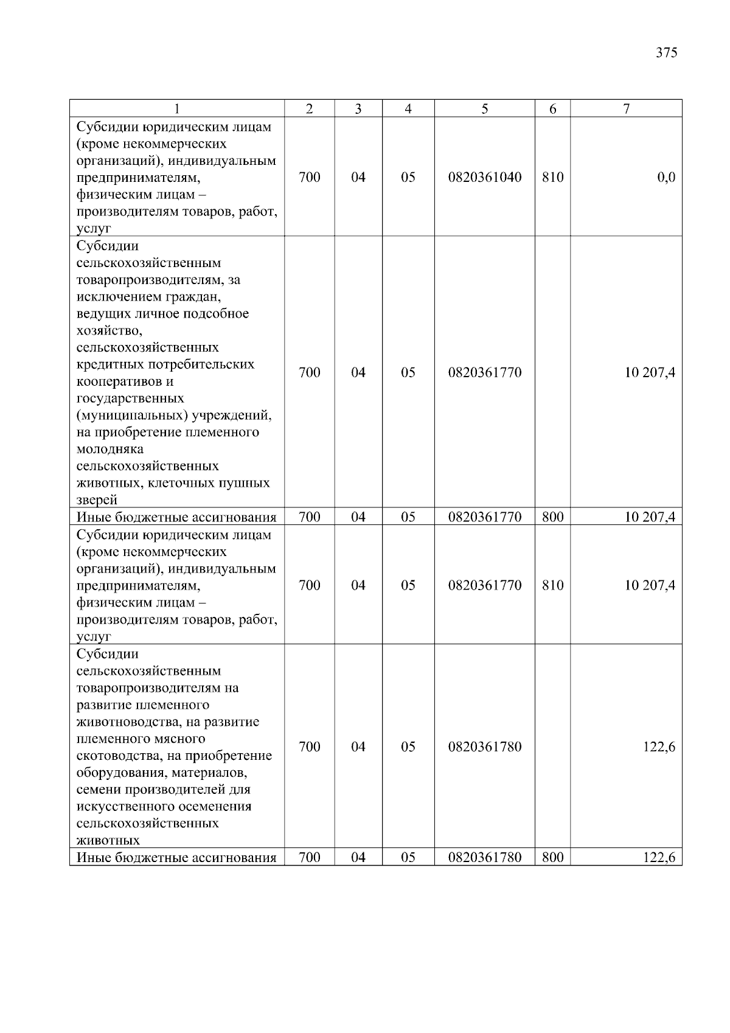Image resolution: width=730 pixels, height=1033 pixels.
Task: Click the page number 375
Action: pyautogui.click(x=666, y=52)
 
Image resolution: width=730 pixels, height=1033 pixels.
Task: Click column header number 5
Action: pyautogui.click(x=484, y=109)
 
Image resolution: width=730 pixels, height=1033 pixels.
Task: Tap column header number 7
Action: pyautogui.click(x=626, y=109)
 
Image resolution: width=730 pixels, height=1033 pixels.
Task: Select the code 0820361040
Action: pyautogui.click(x=484, y=178)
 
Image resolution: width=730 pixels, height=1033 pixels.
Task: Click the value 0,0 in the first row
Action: pyautogui.click(x=666, y=178)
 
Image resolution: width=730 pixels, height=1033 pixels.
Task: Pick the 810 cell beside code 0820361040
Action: pyautogui.click(x=552, y=178)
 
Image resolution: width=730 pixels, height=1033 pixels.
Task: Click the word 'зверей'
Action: pyautogui.click(x=97, y=501)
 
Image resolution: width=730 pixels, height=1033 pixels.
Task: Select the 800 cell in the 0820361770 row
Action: pyautogui.click(x=552, y=518)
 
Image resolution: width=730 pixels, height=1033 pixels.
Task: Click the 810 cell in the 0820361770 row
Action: pyautogui.click(x=552, y=585)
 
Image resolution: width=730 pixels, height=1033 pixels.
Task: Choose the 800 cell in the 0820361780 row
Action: pyautogui.click(x=552, y=858)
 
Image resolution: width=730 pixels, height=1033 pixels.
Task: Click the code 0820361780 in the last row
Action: pyautogui.click(x=484, y=858)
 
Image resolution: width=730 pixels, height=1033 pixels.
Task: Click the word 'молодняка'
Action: pyautogui.click(x=110, y=450)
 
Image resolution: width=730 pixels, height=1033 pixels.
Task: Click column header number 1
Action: pyautogui.click(x=177, y=109)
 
